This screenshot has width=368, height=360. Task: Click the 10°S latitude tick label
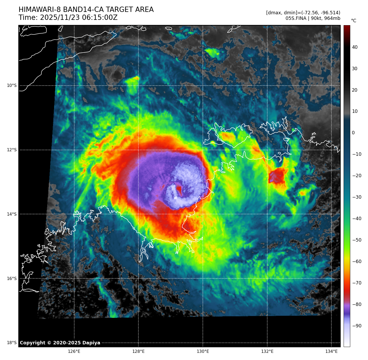coord(12,86)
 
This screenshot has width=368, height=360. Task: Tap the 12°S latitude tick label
coord(12,150)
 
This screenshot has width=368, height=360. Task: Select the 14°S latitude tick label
coord(12,214)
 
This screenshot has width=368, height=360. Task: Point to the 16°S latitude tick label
coord(12,278)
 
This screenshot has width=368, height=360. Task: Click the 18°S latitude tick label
coord(12,343)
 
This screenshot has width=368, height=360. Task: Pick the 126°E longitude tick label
coord(74,352)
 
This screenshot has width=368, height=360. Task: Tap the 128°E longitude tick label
coord(138,352)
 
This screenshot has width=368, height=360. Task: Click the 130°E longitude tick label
coord(203,352)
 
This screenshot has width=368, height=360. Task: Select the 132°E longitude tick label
coord(267,352)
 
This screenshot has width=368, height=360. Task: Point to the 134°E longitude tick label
coord(331,352)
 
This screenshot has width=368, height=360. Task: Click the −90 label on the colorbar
coord(357,326)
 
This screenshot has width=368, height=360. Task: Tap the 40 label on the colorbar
coord(355,47)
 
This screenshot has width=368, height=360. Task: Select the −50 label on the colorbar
coord(357,240)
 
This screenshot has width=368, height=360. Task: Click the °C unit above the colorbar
coord(353,21)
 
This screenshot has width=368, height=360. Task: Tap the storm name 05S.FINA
coord(296,18)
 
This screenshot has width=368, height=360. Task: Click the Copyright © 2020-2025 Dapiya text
coord(60,343)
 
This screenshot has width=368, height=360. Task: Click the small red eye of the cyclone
coord(179,190)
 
